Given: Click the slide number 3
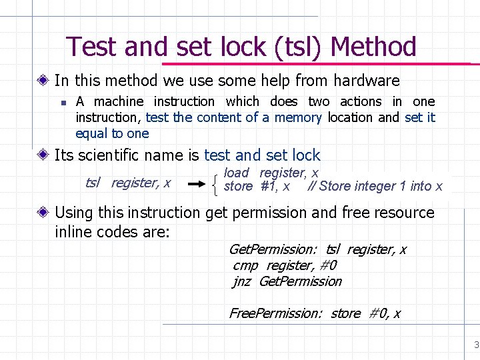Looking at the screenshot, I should (x=476, y=345).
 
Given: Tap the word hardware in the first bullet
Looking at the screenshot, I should (x=367, y=81).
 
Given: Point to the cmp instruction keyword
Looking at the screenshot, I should (x=245, y=265).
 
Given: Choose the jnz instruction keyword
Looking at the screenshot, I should (x=242, y=281).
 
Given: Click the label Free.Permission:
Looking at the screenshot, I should (x=275, y=313).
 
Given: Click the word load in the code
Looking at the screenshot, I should (x=237, y=173).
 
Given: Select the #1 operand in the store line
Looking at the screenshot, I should (x=269, y=187).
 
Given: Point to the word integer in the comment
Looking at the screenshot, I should (x=372, y=187).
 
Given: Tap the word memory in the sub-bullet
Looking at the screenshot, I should (x=298, y=117).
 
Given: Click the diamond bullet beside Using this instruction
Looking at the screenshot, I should (x=43, y=213).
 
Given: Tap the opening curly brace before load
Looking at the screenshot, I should (x=219, y=180).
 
